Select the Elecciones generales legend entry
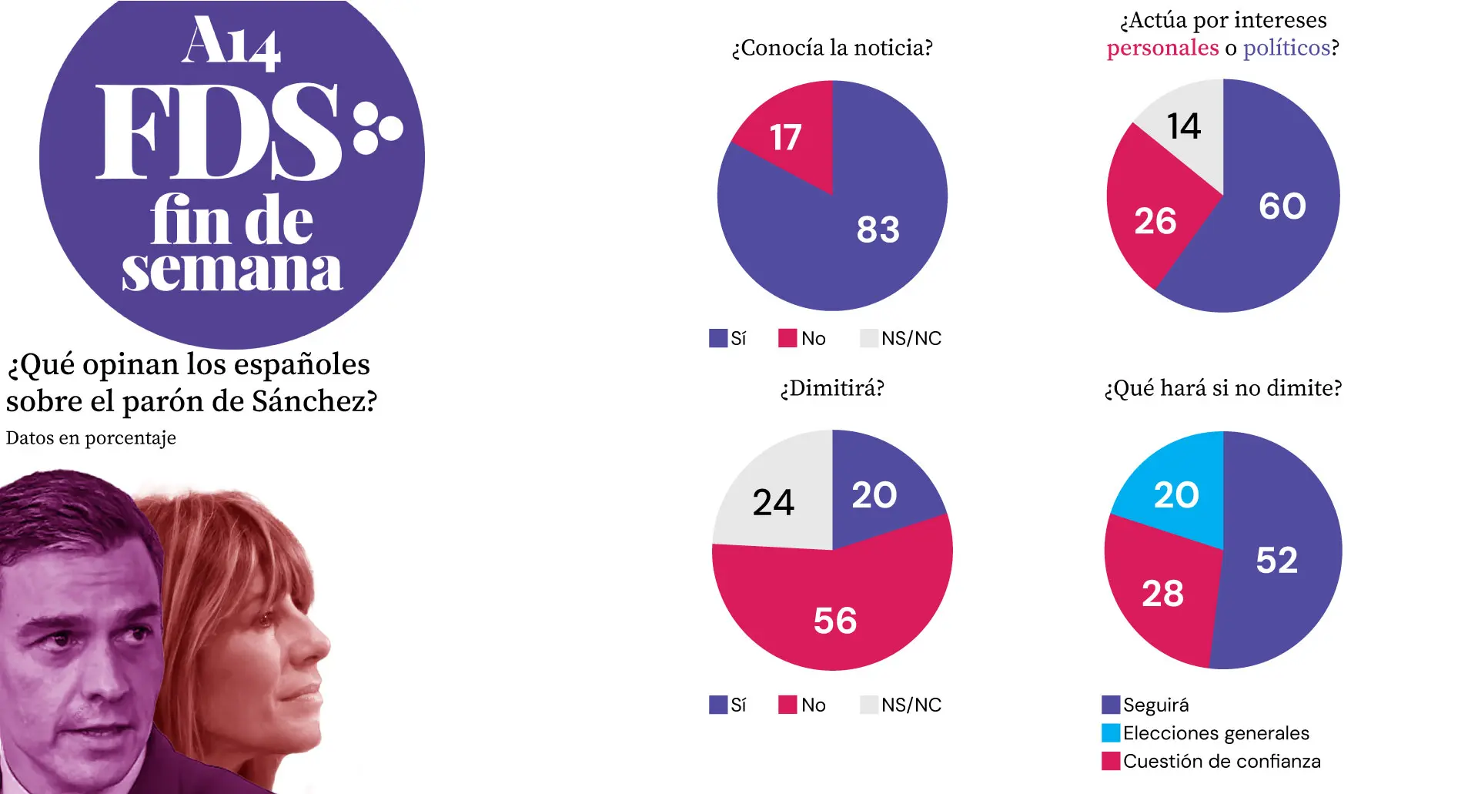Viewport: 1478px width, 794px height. (1205, 732)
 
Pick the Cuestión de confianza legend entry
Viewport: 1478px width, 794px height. (1211, 761)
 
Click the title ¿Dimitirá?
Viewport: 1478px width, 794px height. (832, 388)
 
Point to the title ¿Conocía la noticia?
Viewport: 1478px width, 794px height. (832, 48)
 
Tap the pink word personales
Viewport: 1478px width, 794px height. (1162, 49)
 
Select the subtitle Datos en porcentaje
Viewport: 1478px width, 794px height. (91, 438)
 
